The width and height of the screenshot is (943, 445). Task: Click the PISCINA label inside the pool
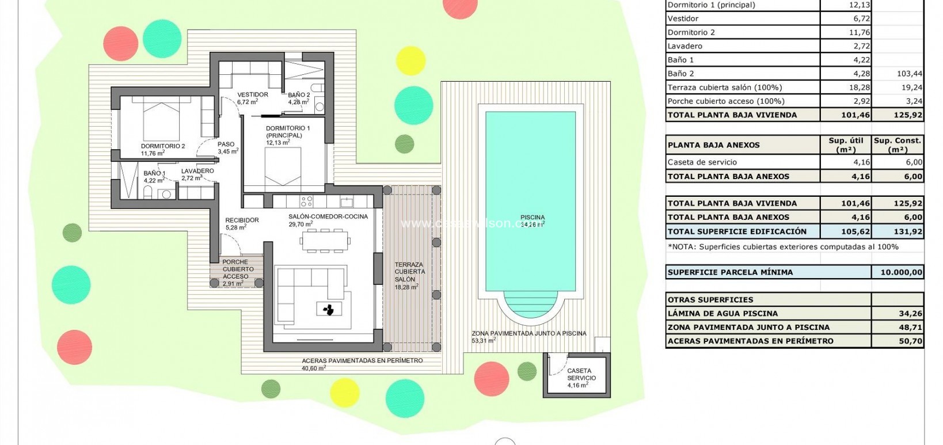pyautogui.click(x=533, y=218)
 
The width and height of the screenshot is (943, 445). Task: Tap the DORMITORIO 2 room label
pyautogui.click(x=163, y=146)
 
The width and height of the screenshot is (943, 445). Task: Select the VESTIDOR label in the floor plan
pyautogui.click(x=252, y=95)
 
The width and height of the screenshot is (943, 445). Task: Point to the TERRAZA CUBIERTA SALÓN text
pyautogui.click(x=409, y=272)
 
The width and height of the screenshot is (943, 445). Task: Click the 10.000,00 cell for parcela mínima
pyautogui.click(x=898, y=272)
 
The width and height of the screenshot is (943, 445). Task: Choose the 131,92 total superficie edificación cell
pyautogui.click(x=898, y=231)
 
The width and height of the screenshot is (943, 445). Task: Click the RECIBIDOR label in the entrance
pyautogui.click(x=242, y=220)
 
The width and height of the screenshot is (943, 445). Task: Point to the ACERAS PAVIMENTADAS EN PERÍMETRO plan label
pyautogui.click(x=362, y=360)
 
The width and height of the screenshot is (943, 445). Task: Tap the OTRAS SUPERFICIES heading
pyautogui.click(x=710, y=300)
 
